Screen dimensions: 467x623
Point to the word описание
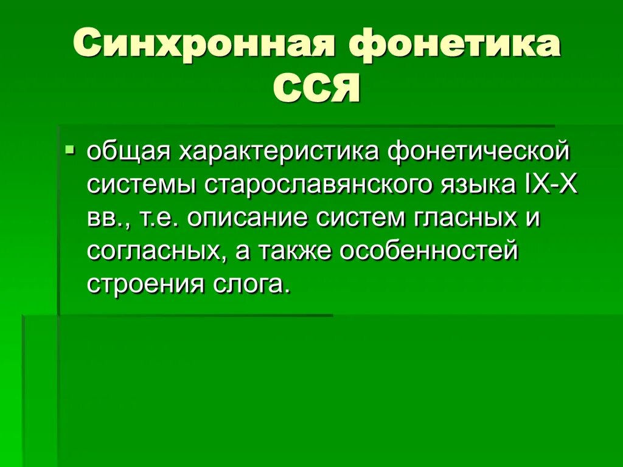pyautogui.click(x=249, y=218)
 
